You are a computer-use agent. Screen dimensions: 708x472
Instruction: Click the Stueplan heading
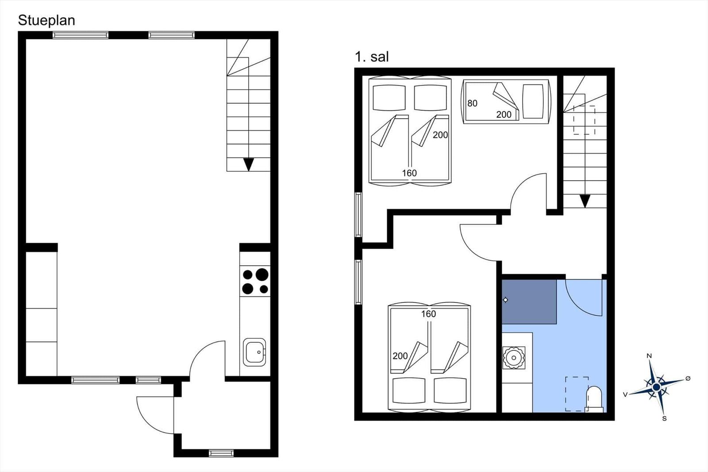(46, 20)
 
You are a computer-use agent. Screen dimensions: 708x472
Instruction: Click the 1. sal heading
(372, 57)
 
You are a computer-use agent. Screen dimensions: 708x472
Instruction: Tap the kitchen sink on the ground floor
(254, 352)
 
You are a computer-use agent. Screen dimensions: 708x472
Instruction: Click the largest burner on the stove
(262, 275)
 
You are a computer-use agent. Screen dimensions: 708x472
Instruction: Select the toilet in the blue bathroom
(593, 398)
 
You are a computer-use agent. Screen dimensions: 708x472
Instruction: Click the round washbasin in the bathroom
(514, 358)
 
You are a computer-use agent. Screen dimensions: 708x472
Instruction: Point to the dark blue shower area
(529, 302)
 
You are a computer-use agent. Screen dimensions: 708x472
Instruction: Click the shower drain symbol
(505, 300)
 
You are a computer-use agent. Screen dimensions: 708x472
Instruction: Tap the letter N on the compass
(649, 356)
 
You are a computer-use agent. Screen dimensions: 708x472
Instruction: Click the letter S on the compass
(664, 418)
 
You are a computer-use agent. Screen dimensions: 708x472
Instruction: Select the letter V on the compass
(625, 395)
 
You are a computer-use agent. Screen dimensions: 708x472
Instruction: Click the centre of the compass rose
(657, 387)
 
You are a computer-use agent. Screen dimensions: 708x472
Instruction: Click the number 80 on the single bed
(472, 103)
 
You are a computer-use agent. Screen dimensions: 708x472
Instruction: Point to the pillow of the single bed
(533, 101)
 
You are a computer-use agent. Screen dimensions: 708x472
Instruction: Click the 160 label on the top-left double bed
(409, 173)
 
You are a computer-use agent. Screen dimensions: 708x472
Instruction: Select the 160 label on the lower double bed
(428, 314)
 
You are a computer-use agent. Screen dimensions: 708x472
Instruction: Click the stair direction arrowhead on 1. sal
(585, 201)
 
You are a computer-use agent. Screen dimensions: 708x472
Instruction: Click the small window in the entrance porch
(221, 453)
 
